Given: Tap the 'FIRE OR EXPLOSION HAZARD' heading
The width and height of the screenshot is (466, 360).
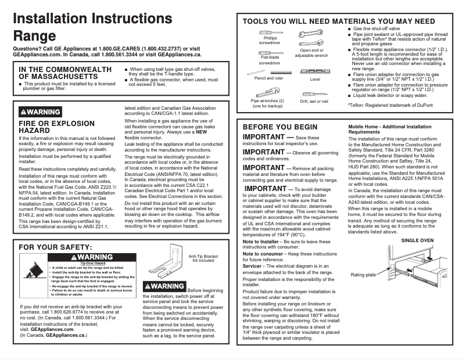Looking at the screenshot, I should pyautogui.click(x=56, y=127).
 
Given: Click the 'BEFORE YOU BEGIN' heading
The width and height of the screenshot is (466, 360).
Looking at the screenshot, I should pyautogui.click(x=280, y=127).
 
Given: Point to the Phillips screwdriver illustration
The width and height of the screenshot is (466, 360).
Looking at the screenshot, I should pyautogui.click(x=271, y=33).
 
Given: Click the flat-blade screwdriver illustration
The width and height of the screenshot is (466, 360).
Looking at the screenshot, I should pyautogui.click(x=270, y=52).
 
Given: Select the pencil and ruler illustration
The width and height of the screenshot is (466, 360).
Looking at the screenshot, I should pyautogui.click(x=267, y=72).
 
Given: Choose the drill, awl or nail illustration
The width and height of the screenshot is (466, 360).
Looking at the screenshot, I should pyautogui.click(x=314, y=92).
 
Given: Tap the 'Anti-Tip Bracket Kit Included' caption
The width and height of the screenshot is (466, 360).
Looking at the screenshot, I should pyautogui.click(x=203, y=258).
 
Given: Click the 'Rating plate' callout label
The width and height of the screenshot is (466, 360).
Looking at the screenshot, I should pyautogui.click(x=363, y=275).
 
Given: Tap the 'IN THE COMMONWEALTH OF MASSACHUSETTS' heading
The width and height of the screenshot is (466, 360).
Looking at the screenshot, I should pyautogui.click(x=65, y=73).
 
